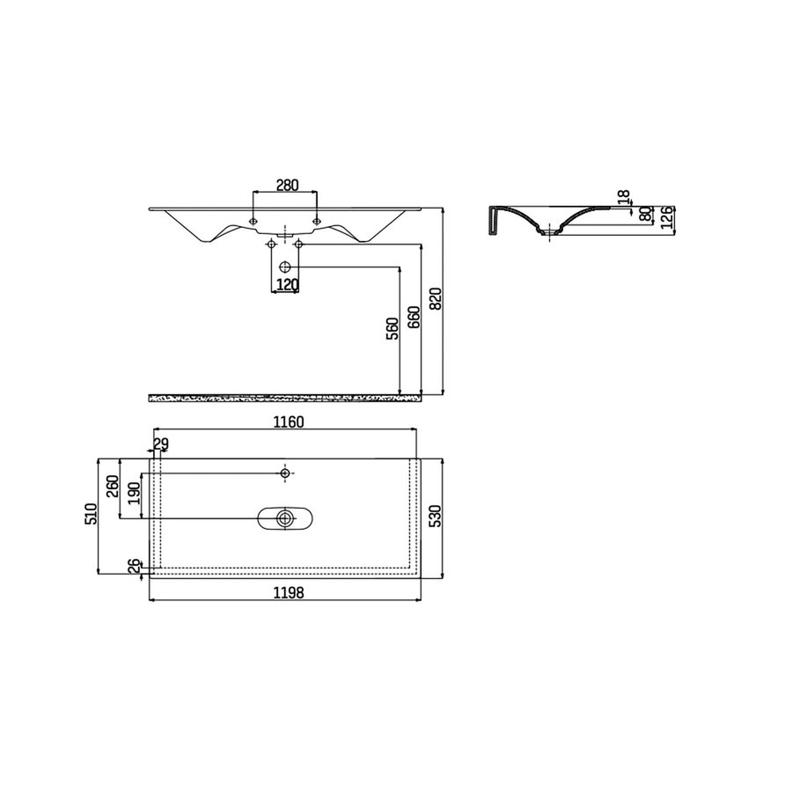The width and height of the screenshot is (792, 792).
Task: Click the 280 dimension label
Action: tap(287, 185)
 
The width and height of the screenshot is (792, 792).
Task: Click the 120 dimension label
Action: tap(288, 284)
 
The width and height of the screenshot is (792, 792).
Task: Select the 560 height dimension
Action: tap(392, 327)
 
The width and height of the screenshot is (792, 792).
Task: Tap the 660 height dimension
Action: tap(414, 317)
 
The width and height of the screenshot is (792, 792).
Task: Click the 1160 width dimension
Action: tap(287, 422)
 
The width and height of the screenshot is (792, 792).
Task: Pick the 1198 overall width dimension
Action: tap(287, 593)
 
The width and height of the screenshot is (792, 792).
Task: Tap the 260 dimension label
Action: tap(113, 488)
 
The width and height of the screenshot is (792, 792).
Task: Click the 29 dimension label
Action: tap(161, 443)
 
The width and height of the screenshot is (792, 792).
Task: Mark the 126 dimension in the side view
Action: tap(669, 217)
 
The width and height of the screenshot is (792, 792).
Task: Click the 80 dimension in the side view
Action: tap(646, 215)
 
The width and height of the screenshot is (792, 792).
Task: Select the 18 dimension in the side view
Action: tap(624, 200)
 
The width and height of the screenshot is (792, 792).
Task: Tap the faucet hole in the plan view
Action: tap(284, 473)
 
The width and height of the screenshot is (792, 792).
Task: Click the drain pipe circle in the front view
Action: tap(284, 266)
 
